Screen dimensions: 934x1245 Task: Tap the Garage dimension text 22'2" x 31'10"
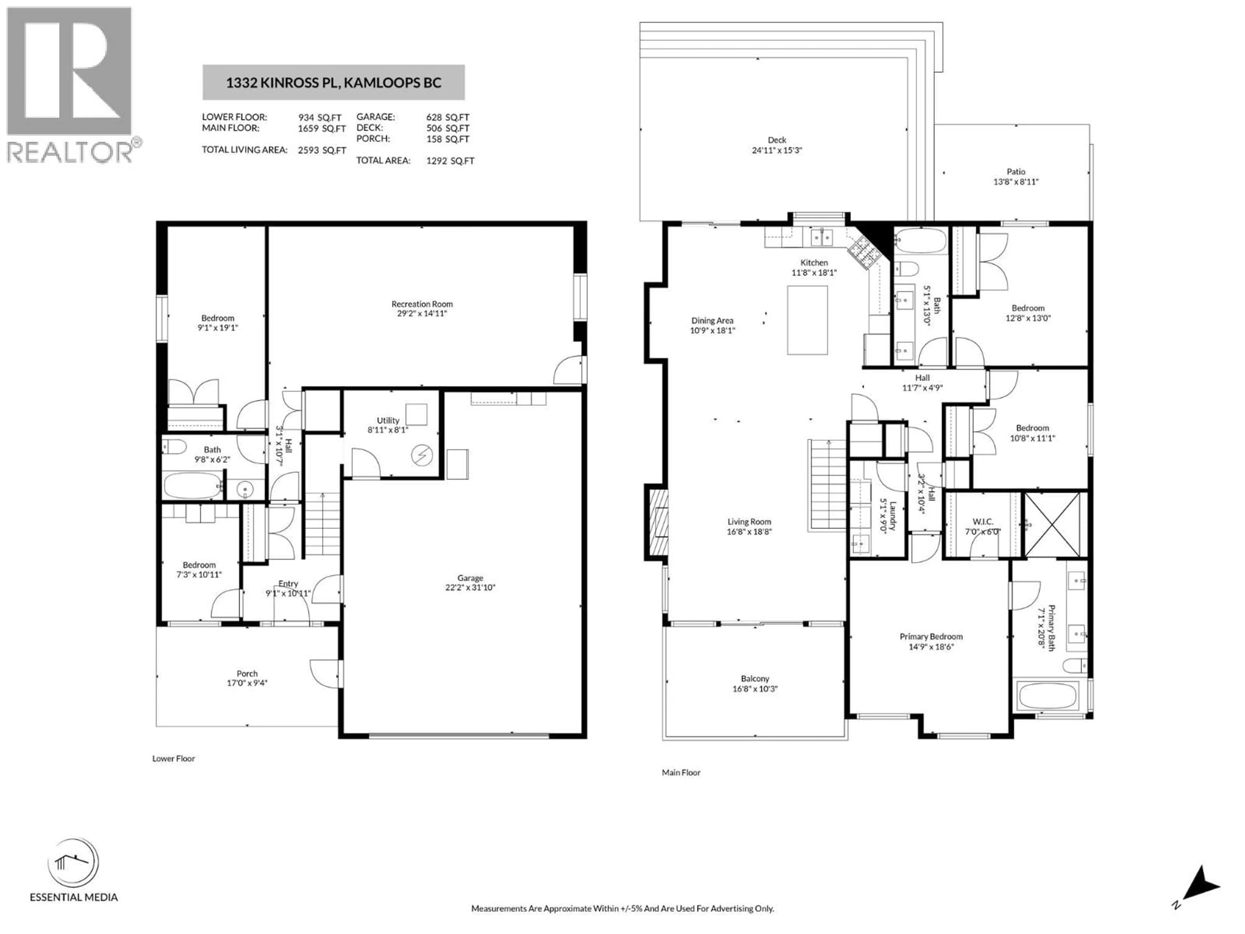coord(470,588)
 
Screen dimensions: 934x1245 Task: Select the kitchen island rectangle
coord(807,320)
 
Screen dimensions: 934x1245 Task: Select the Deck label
coord(777,140)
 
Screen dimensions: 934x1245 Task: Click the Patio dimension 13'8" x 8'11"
coord(1015,182)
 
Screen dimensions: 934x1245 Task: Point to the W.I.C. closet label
coord(983,522)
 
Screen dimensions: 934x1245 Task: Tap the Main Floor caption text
coord(681,772)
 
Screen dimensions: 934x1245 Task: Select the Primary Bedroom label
coord(931,637)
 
